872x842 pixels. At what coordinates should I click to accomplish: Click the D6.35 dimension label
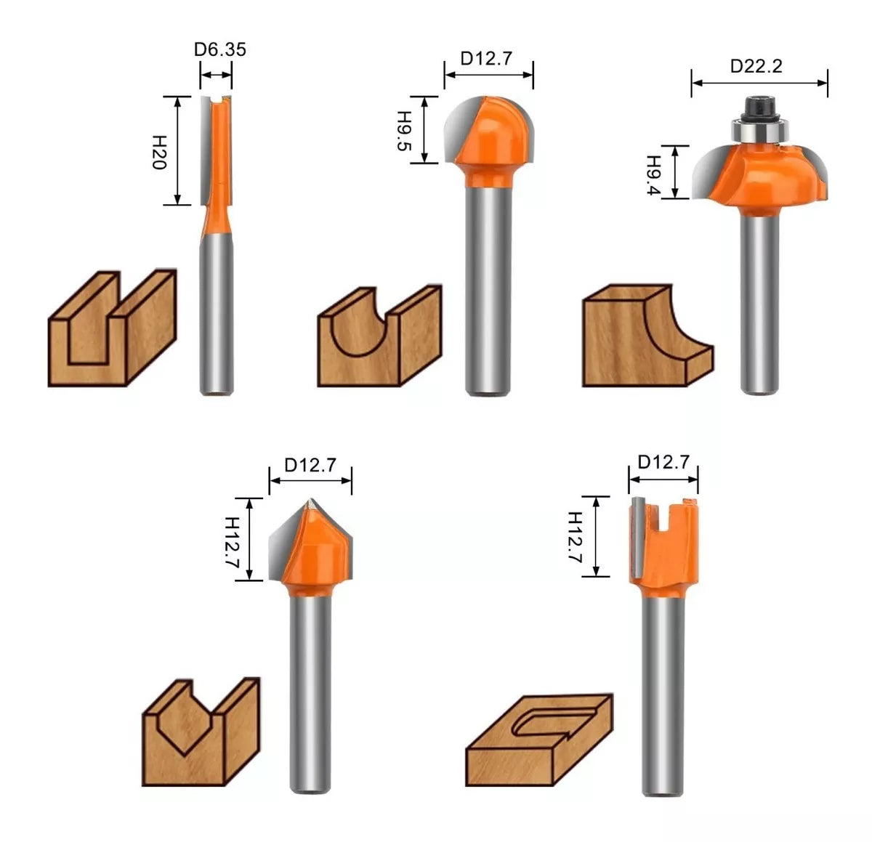pyautogui.click(x=220, y=49)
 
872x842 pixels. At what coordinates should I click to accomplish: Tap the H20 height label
pyautogui.click(x=159, y=153)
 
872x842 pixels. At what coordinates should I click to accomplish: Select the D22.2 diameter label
pyautogui.click(x=756, y=66)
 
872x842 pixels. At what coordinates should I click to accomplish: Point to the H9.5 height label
pyautogui.click(x=405, y=131)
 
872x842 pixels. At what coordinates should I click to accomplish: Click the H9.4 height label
pyautogui.click(x=653, y=175)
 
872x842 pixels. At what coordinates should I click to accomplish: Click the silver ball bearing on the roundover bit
pyautogui.click(x=759, y=131)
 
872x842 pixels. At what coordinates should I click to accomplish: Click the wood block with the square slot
pyautogui.click(x=112, y=328)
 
